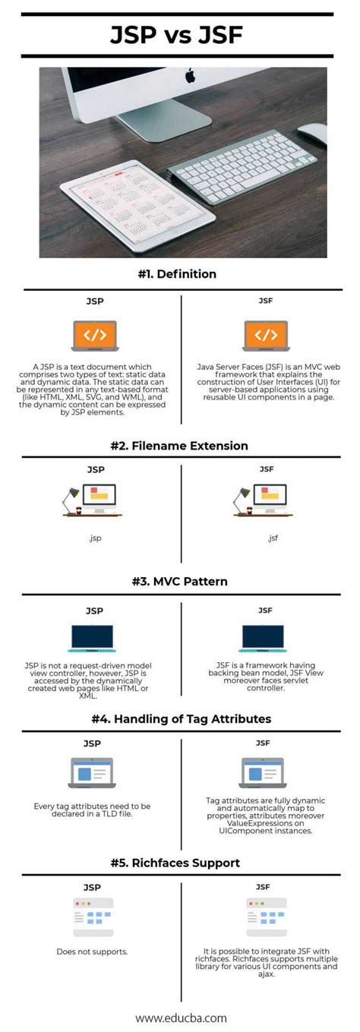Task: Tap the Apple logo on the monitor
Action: pyautogui.click(x=190, y=76)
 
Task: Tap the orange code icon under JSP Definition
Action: pyautogui.click(x=94, y=335)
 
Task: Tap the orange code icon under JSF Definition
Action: pyautogui.click(x=265, y=335)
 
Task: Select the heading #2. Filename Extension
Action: pyautogui.click(x=180, y=446)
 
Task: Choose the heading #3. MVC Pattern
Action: pyautogui.click(x=180, y=582)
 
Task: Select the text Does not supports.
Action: pyautogui.click(x=91, y=952)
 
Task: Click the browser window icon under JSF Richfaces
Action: pyautogui.click(x=266, y=917)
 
